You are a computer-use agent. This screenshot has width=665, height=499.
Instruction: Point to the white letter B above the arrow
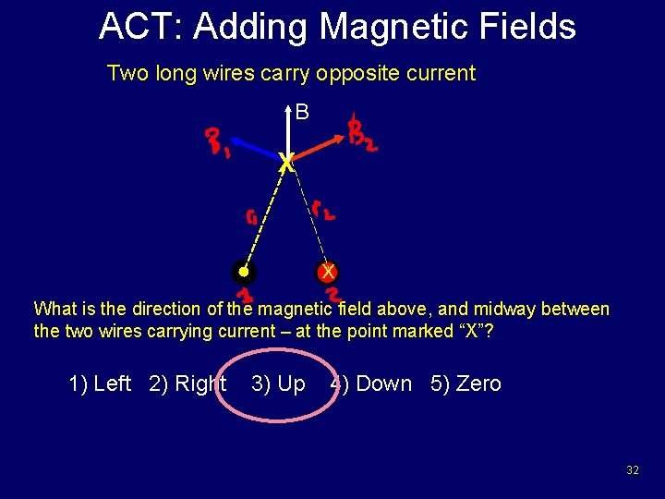(302, 113)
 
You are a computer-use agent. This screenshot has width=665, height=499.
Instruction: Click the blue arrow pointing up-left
(255, 150)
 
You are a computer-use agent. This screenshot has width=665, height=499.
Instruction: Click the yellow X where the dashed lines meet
(287, 164)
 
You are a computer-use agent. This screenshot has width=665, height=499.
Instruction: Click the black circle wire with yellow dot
(243, 273)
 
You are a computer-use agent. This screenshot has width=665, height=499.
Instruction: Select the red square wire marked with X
(327, 273)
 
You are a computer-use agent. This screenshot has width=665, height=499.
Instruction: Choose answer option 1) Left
(100, 383)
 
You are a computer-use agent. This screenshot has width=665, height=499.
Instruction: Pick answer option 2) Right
(187, 383)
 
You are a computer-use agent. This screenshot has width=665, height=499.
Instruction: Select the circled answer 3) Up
(278, 383)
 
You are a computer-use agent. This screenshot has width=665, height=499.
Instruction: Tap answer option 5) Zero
(465, 383)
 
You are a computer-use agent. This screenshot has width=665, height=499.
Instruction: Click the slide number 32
(632, 470)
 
